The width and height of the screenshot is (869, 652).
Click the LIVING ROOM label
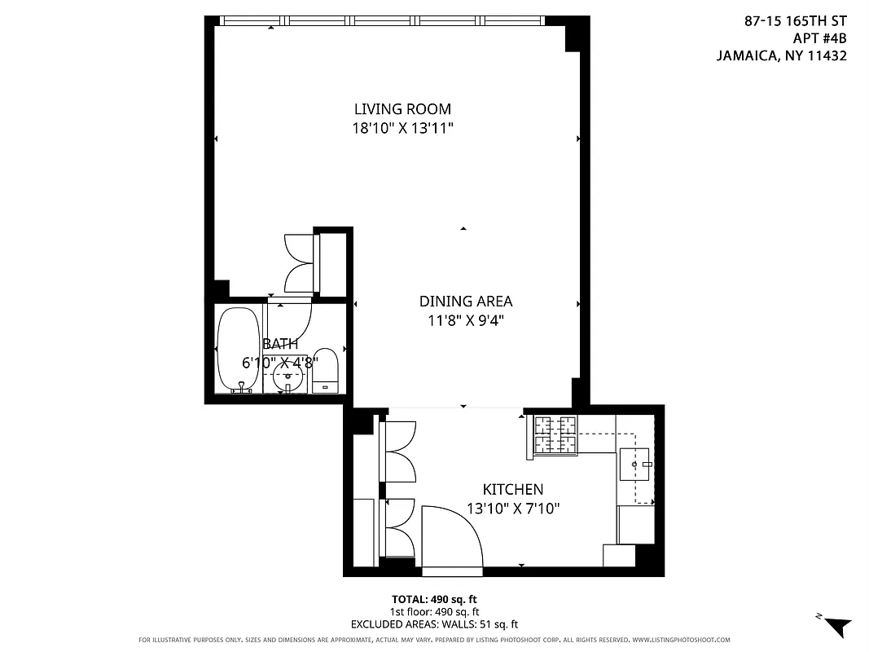click(402, 109)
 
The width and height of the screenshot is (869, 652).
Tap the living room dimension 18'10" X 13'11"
click(402, 128)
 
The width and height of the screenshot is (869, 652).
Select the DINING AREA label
click(465, 302)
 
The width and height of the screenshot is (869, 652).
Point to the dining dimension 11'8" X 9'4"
click(465, 320)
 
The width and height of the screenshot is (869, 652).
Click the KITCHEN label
click(512, 490)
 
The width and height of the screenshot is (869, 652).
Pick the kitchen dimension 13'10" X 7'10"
click(512, 509)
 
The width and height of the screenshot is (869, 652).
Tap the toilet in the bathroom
click(326, 371)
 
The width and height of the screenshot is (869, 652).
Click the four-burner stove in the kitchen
click(555, 434)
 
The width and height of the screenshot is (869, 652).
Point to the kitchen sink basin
click(635, 465)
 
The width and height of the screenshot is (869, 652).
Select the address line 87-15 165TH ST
click(795, 22)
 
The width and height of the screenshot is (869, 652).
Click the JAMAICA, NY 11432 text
click(781, 56)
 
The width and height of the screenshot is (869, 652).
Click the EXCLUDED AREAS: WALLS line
click(433, 624)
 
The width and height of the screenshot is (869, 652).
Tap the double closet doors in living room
click(300, 263)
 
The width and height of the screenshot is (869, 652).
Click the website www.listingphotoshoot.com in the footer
click(680, 640)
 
